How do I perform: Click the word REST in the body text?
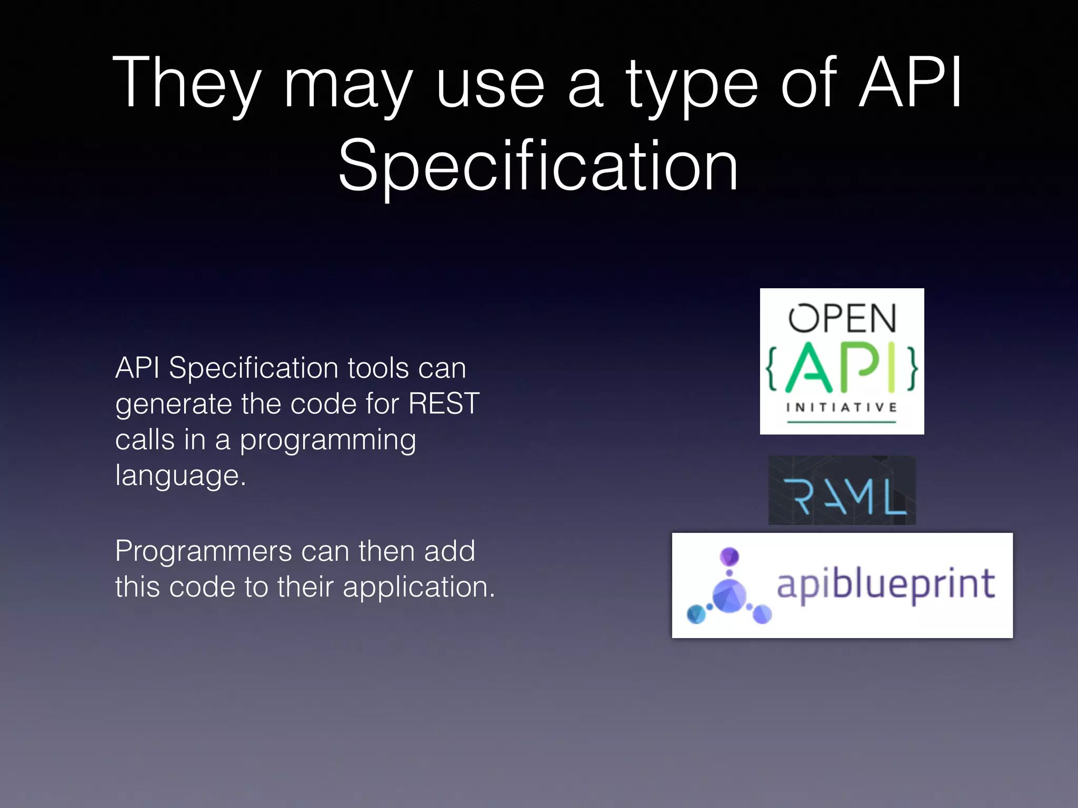tap(444, 403)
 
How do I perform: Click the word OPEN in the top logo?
tap(842, 319)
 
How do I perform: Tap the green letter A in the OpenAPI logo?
tap(809, 368)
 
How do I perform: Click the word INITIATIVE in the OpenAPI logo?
tap(841, 407)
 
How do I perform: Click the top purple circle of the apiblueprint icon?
tap(730, 557)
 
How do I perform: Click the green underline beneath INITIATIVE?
tap(841, 422)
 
